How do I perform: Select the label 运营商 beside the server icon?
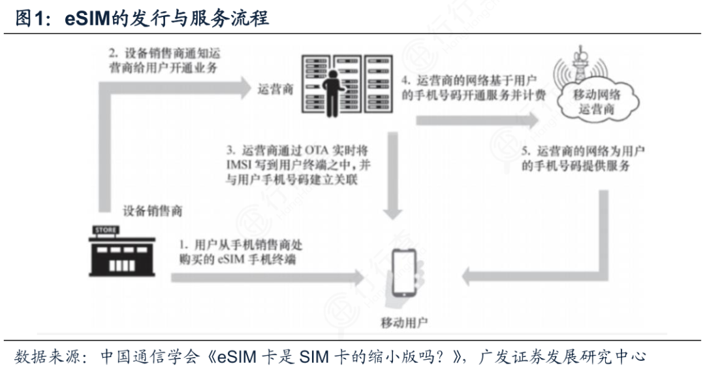point(275,90)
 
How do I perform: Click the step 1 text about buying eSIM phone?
point(242,251)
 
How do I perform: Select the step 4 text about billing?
point(471,88)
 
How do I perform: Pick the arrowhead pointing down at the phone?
point(392,214)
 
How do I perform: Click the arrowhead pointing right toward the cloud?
point(532,119)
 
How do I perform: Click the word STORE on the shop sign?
point(106,230)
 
